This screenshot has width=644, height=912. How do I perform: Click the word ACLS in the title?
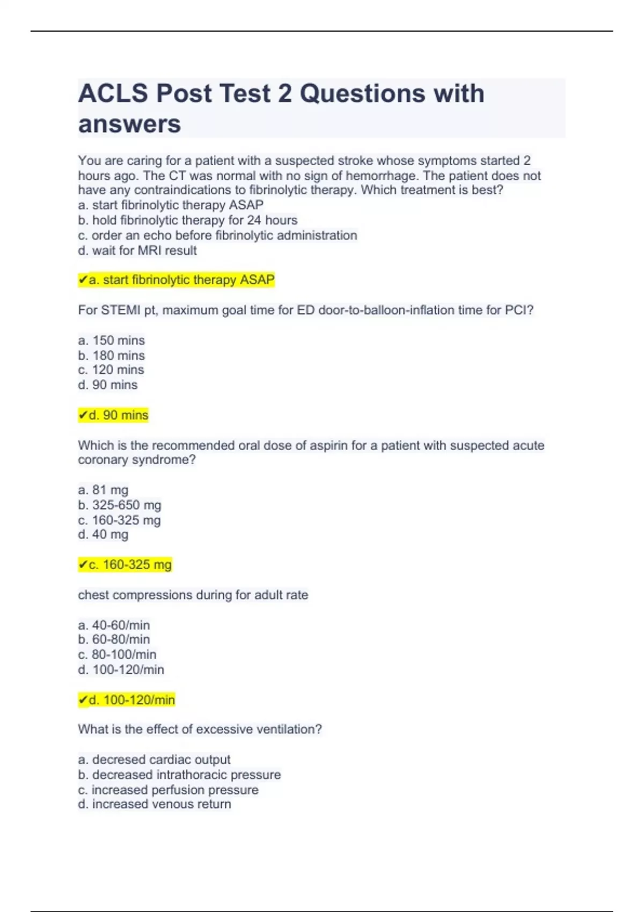pos(113,93)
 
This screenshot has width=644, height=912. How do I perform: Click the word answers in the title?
pos(129,124)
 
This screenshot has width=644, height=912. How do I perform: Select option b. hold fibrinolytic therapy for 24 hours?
pos(187,220)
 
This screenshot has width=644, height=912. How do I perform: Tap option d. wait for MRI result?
pos(137,250)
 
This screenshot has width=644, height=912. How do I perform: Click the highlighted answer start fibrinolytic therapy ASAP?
pos(181,280)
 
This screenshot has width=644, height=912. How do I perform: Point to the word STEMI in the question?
pos(121,310)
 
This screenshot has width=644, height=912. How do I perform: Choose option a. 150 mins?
pos(111,340)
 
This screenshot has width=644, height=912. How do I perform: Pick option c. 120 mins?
pos(111,370)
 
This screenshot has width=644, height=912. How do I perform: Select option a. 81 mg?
pos(103,490)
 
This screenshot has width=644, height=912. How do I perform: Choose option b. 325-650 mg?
pos(119,505)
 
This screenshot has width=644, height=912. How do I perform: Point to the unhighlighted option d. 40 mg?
pos(103,534)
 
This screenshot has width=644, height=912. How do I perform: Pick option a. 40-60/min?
pos(114,625)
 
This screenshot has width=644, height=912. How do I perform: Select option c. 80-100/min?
pos(117,654)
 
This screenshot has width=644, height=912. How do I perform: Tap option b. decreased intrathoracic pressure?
pos(179,775)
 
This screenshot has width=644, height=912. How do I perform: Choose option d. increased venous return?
pos(155,804)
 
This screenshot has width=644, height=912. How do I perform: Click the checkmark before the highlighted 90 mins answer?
pos(83,415)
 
